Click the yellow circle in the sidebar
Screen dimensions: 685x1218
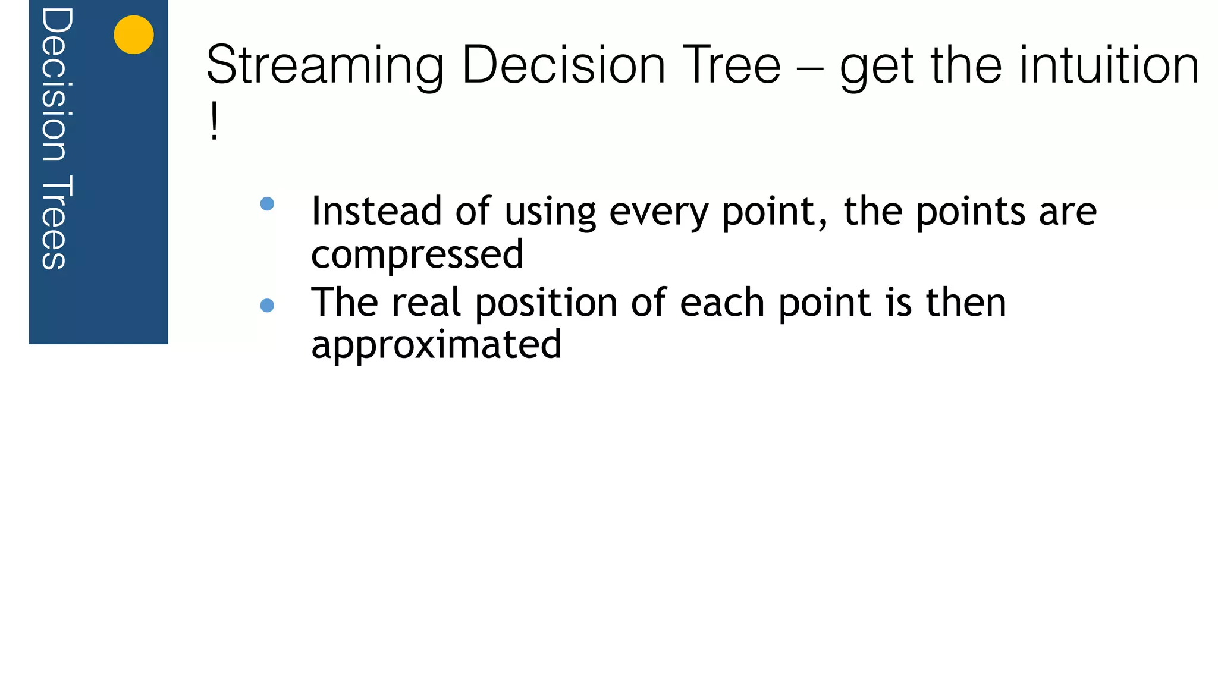(x=134, y=34)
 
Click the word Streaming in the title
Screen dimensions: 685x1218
(x=325, y=65)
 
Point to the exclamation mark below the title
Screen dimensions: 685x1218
(x=214, y=121)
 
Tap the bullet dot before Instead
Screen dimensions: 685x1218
(x=267, y=204)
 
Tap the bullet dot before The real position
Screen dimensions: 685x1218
(x=267, y=306)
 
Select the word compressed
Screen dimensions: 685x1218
(x=417, y=254)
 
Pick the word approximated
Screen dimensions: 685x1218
(x=436, y=345)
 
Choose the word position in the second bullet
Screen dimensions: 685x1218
(x=546, y=303)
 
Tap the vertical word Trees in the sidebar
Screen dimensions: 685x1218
(x=55, y=222)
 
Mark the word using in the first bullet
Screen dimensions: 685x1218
(x=550, y=212)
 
